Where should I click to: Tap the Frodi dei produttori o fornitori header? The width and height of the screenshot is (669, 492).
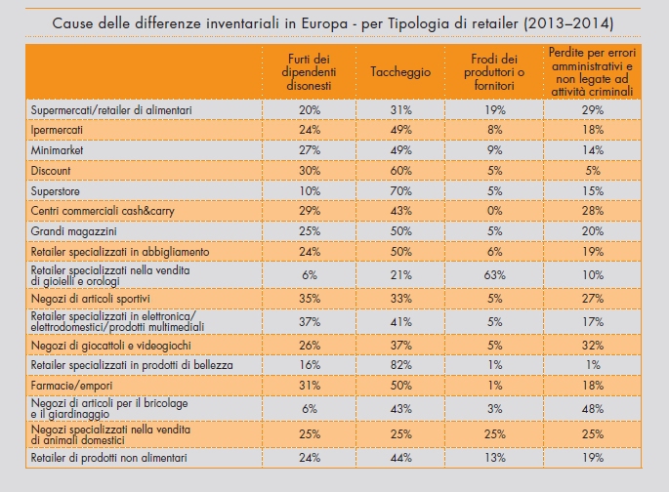click(x=493, y=71)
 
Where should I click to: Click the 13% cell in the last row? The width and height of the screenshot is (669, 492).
click(x=493, y=455)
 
